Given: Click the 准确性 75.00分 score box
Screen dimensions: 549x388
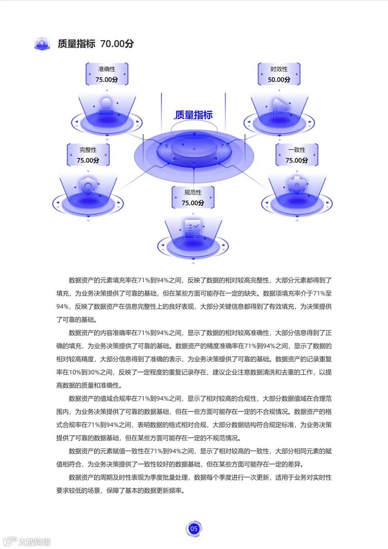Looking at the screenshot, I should [107, 74].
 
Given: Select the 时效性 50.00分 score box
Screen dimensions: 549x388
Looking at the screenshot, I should [279, 74].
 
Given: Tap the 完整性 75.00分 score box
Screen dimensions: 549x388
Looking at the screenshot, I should [88, 155].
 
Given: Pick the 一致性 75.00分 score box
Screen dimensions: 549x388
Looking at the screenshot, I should [297, 155].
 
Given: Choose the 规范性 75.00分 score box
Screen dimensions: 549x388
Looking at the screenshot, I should [193, 198].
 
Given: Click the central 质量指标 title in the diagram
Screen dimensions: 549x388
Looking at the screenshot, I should [194, 115].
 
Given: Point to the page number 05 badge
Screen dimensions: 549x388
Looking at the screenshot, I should [194, 529].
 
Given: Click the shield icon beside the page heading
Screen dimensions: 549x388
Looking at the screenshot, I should [42, 44].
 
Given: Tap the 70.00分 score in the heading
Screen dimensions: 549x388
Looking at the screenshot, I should [117, 44].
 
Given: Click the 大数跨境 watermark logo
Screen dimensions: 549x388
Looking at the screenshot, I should [27, 541].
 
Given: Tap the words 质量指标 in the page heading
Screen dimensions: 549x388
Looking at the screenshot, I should [77, 44].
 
